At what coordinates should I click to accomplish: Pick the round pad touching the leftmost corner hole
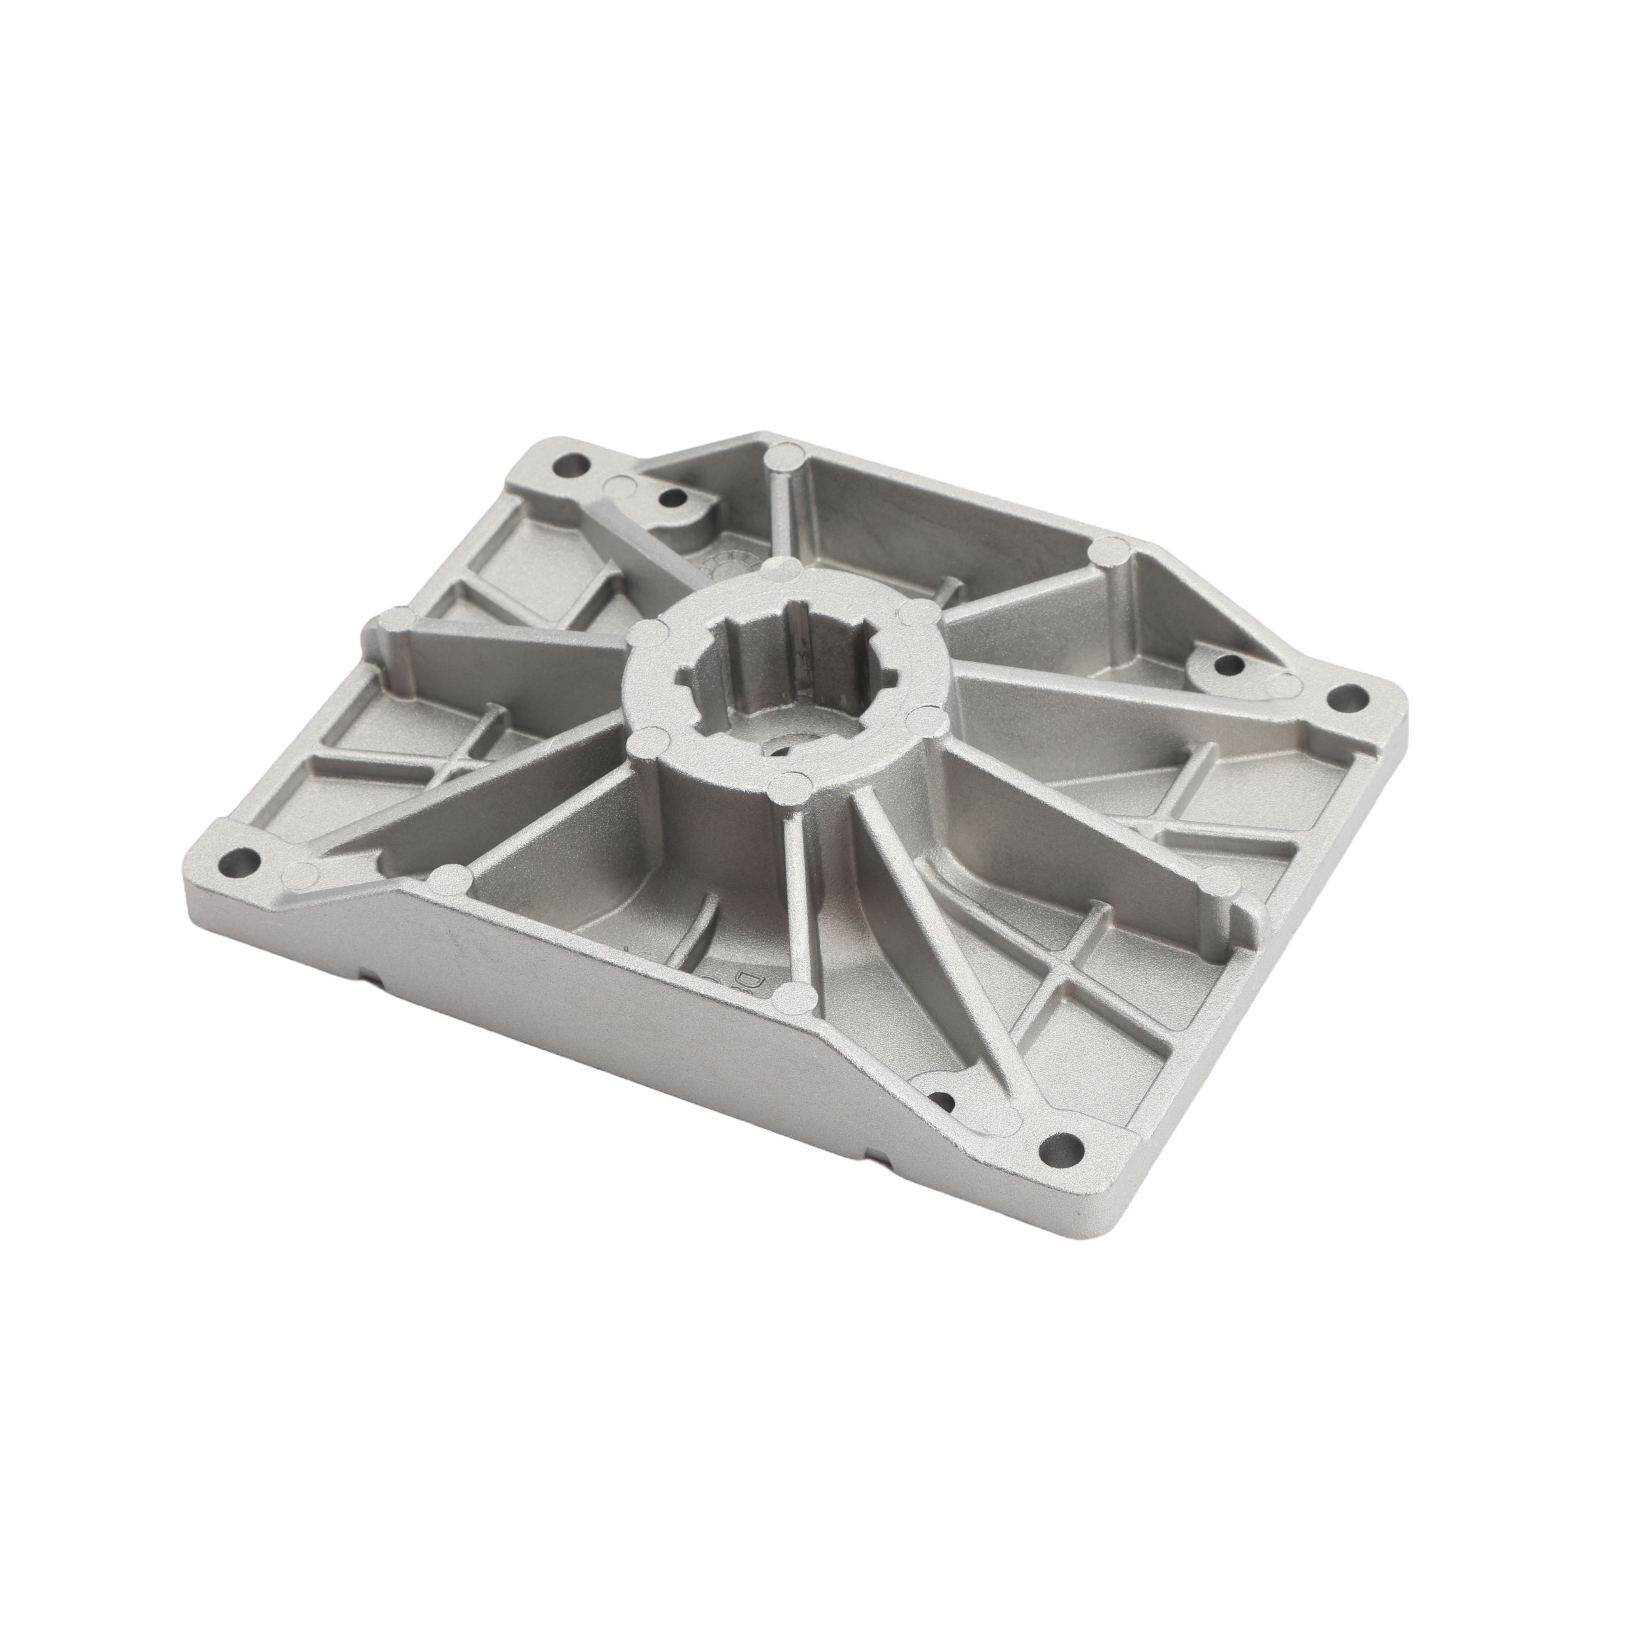click(297, 872)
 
